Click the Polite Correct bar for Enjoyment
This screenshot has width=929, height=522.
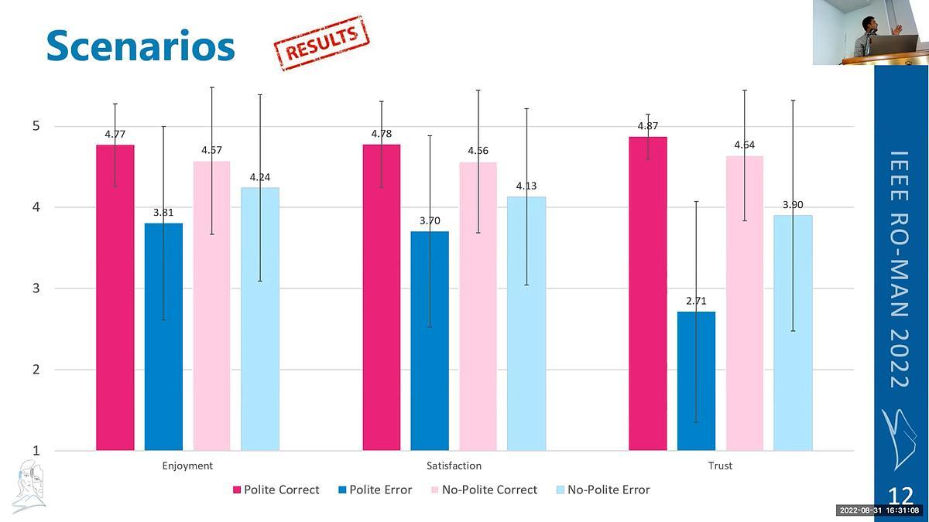[x=115, y=298]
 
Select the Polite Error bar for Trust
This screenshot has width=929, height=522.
[x=696, y=381]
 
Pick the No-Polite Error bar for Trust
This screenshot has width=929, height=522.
[x=793, y=333]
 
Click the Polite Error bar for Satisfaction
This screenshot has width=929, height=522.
[x=430, y=340]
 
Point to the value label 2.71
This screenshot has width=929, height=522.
[x=696, y=301]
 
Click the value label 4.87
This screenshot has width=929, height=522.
[x=648, y=126]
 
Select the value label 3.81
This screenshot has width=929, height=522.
[x=163, y=211]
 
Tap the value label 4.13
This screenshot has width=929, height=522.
[x=526, y=186]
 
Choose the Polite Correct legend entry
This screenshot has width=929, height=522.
[x=276, y=490]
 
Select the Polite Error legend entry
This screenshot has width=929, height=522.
[x=375, y=490]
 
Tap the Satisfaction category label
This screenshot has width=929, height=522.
[x=454, y=466]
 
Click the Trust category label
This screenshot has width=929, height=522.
[x=720, y=466]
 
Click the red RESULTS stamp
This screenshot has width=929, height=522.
[x=321, y=43]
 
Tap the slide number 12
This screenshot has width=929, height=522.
[x=900, y=496]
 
